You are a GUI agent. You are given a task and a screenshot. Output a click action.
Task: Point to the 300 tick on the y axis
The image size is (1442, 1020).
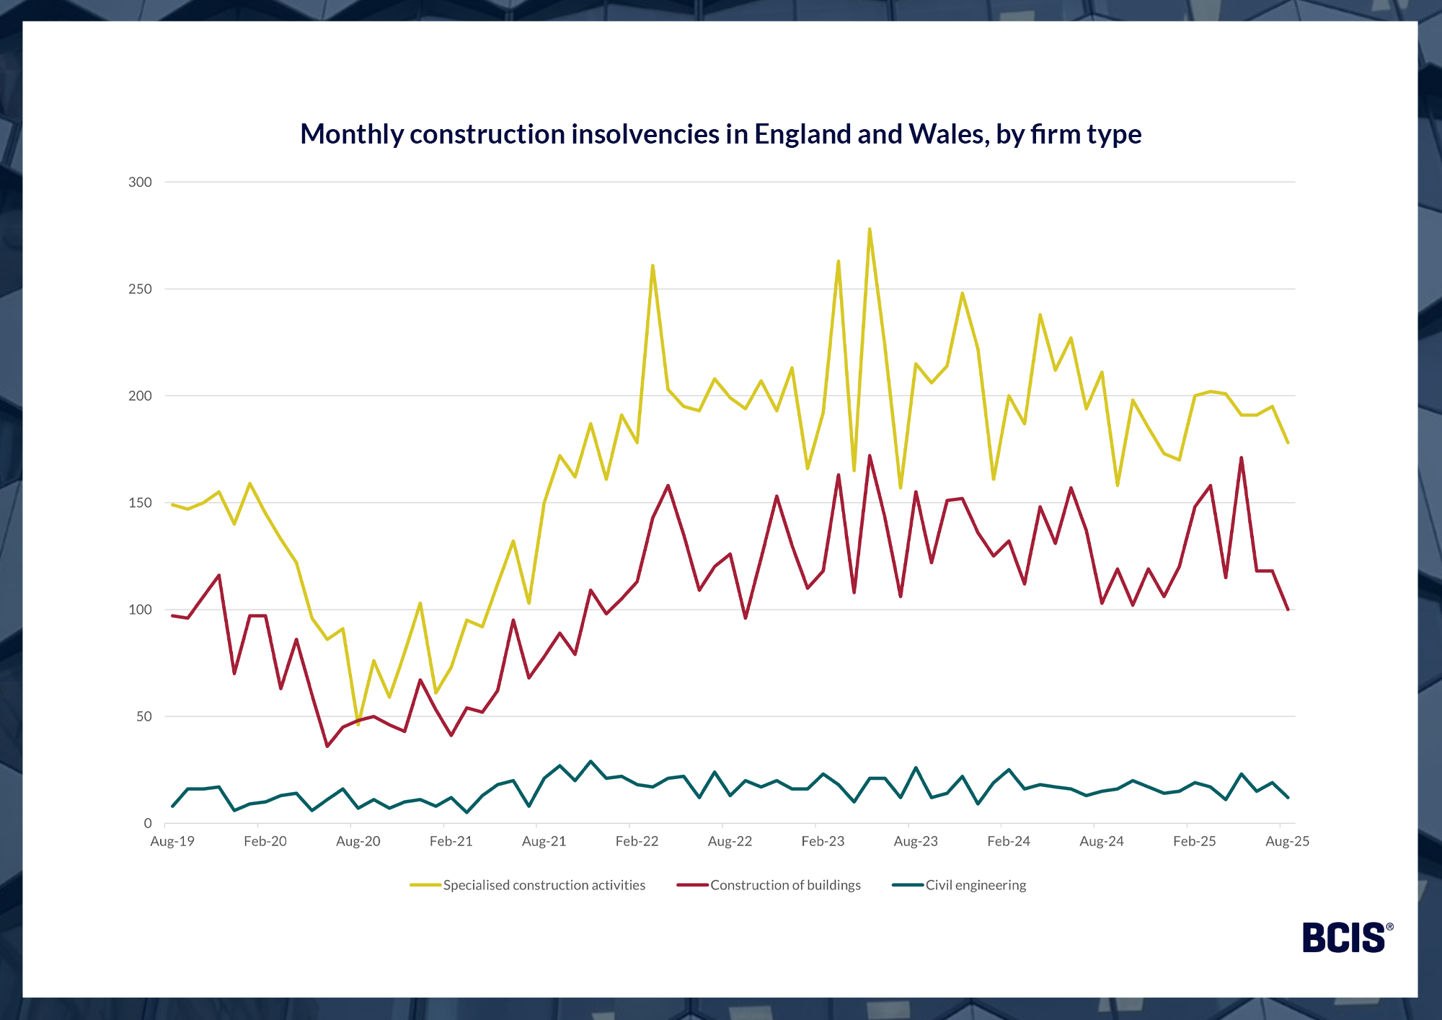(140, 183)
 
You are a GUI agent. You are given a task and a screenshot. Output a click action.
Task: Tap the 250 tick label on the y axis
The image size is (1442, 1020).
(140, 289)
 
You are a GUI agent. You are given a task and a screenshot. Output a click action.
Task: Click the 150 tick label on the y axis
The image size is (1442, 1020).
(140, 503)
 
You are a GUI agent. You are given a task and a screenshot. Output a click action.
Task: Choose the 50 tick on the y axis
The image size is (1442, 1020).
(144, 716)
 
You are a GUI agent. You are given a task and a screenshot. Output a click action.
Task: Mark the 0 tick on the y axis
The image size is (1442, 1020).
(148, 823)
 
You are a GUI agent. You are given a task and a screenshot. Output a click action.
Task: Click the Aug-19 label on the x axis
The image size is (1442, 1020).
(172, 841)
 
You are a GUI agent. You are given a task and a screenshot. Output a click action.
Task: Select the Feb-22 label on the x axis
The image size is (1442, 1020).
(637, 841)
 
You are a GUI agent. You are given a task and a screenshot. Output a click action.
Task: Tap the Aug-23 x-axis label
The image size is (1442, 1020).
(916, 841)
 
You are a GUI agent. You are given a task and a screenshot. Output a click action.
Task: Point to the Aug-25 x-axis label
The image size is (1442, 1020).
(1287, 841)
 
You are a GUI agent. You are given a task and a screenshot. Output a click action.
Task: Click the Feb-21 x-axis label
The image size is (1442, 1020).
(451, 841)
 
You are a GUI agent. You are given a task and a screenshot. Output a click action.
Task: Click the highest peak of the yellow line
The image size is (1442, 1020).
(870, 229)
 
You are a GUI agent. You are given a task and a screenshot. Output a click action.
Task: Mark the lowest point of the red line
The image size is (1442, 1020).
(327, 746)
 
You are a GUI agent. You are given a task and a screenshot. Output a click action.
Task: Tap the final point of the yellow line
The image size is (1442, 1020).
(1288, 442)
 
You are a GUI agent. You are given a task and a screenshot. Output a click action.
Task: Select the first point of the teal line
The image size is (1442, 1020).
(172, 806)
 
